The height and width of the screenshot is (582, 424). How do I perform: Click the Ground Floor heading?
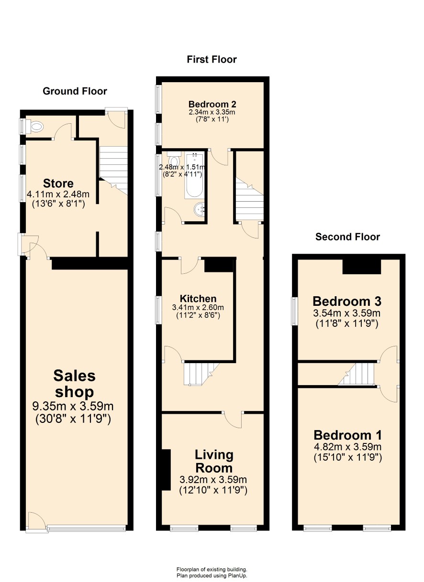point(75,91)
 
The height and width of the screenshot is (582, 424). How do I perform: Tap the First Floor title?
point(212,60)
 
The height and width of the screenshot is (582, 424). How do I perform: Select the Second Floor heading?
point(347,237)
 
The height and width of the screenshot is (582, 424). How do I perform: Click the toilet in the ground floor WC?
point(35,127)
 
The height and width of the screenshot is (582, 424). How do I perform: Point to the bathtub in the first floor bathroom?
point(194,176)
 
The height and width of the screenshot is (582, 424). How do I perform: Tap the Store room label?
point(58,183)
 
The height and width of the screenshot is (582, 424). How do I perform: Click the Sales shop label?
point(75,384)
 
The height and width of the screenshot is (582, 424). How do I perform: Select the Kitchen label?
point(198,299)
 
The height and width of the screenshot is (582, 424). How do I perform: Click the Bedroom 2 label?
point(212,104)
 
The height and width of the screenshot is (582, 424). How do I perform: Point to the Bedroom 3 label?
point(347,302)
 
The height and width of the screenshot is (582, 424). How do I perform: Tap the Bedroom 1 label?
point(348,435)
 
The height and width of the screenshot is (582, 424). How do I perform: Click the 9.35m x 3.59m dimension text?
point(73,406)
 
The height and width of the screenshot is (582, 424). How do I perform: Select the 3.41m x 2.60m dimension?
point(198,308)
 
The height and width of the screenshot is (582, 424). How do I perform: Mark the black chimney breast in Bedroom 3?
point(361,267)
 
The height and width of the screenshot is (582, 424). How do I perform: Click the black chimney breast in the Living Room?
point(166,470)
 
